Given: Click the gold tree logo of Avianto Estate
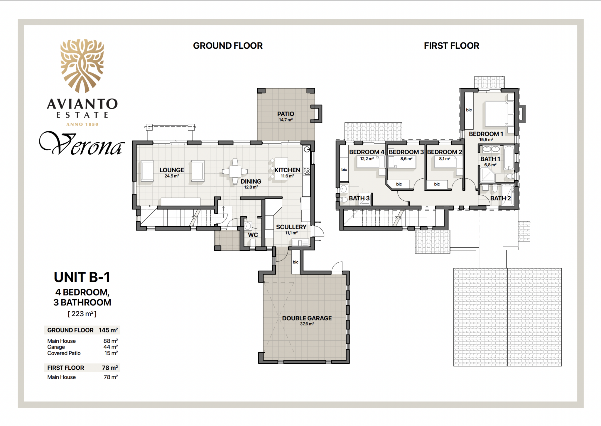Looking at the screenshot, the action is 82,66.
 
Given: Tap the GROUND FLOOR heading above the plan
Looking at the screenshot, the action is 228,46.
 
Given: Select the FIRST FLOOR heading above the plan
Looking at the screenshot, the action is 451,46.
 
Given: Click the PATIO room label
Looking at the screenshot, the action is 286,114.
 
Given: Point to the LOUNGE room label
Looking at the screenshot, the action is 172,170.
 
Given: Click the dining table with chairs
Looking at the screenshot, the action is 235,171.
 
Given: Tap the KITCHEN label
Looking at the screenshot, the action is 287,170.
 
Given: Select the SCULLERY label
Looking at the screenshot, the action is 291,227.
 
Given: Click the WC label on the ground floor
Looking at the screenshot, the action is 253,235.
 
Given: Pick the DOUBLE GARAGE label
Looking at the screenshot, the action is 307,318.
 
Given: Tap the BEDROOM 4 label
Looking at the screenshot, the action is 367,152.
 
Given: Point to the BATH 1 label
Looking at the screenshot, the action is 490,159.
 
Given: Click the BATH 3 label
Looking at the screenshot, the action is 359,198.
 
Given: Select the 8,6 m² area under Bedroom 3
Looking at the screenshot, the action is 406,159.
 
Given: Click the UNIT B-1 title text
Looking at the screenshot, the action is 82,277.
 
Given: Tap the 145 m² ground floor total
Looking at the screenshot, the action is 108,330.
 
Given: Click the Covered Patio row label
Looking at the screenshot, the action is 64,353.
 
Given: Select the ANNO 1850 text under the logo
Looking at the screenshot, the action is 82,124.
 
